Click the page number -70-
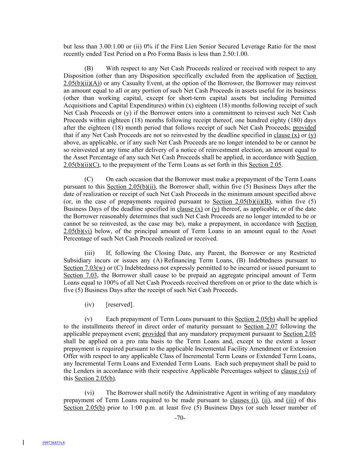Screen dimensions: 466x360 pos(180,418)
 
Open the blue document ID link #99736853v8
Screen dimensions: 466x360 pos(54,443)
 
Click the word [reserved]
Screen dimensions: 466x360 pos(120,305)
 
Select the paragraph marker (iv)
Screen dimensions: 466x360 pos(89,305)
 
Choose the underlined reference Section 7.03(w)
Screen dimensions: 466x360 pos(84,268)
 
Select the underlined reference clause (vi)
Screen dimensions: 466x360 pos(294,371)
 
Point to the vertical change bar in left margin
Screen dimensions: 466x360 pos(23,443)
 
